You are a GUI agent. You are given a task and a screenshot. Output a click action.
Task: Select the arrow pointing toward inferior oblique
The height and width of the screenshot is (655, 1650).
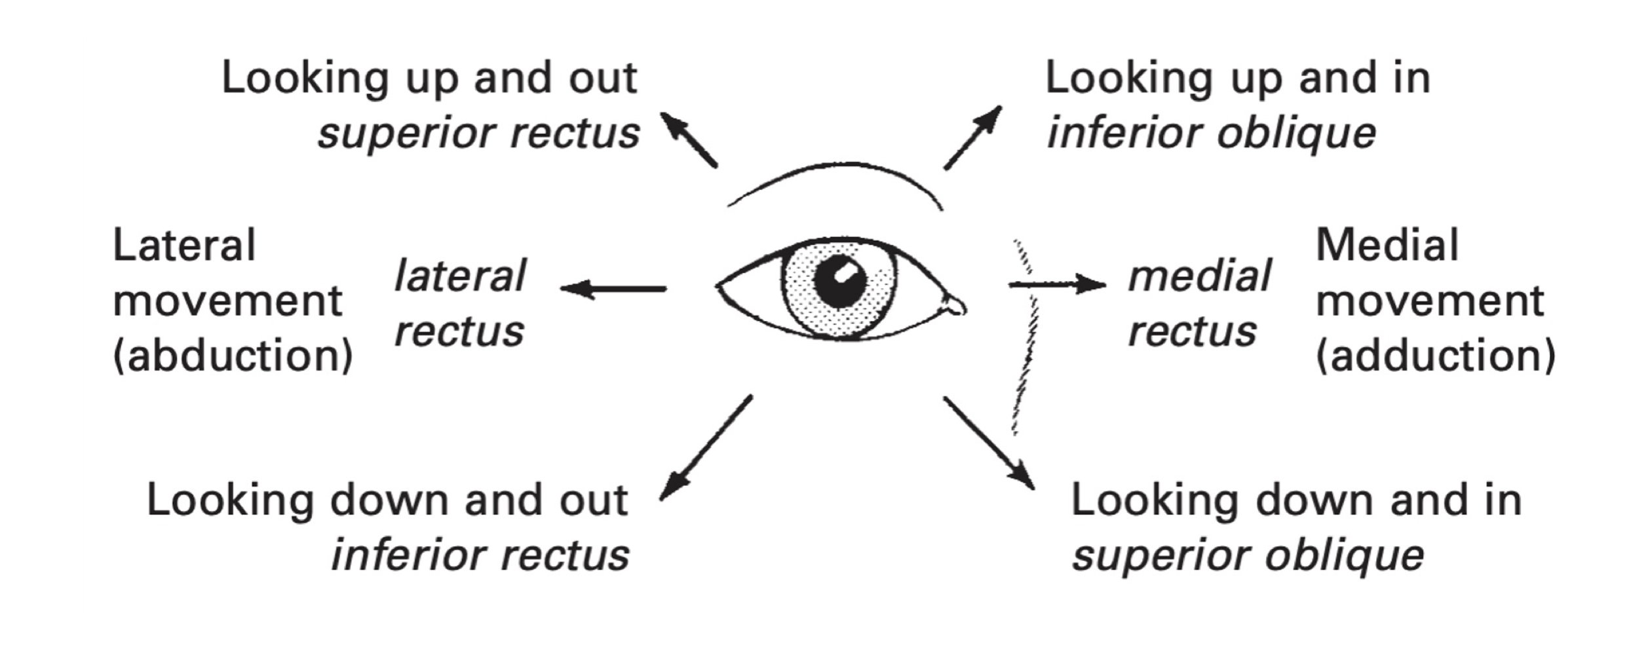coord(973,138)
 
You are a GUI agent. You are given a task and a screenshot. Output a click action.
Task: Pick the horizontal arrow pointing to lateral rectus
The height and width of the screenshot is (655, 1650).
coord(613,288)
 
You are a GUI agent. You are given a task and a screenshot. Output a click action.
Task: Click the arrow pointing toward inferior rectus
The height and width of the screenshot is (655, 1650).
coord(704,449)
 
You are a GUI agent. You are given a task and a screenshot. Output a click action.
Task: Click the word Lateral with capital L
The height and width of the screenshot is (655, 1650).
coord(183,246)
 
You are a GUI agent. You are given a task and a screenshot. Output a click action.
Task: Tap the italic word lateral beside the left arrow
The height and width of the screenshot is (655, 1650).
coord(460,276)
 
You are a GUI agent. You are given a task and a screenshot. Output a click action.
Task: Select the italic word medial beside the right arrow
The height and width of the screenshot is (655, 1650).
coord(1199,276)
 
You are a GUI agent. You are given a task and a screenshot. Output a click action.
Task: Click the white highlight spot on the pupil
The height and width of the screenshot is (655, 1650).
coord(847,271)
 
